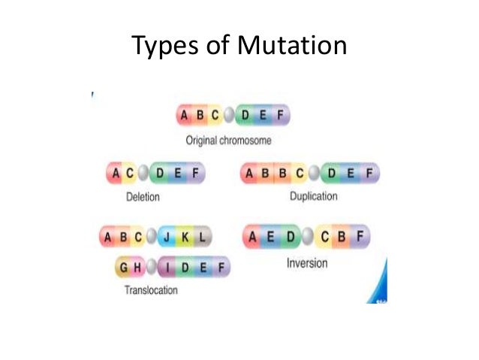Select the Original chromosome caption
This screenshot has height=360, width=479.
coord(228,140)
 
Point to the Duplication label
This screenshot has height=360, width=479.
coord(313,197)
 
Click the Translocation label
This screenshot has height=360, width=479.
coord(151,290)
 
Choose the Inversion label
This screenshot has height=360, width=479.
coord(306,264)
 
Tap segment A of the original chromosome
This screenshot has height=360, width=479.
coord(185,116)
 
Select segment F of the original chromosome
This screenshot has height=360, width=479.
coord(280,116)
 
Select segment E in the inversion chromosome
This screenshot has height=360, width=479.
coord(271,237)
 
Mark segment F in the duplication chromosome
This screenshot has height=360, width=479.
coord(369,174)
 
